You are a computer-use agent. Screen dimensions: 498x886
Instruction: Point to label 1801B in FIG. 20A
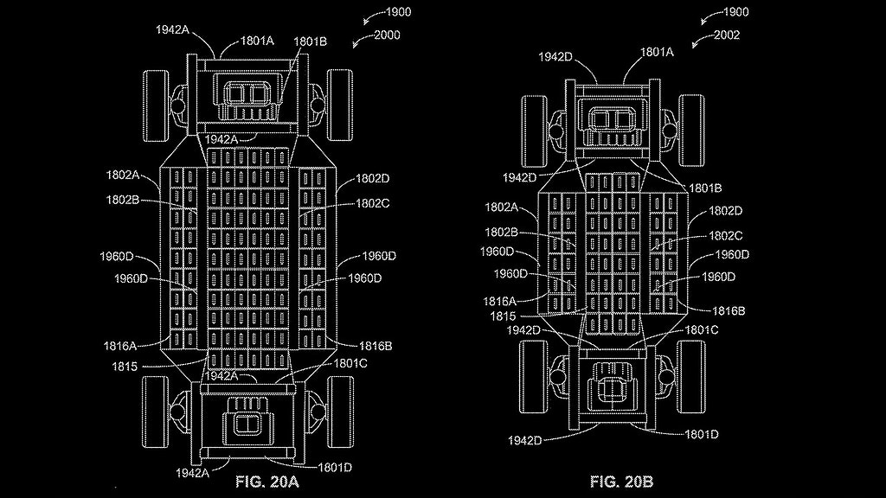tap(310, 41)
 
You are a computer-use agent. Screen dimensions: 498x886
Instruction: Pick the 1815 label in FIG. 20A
tap(125, 367)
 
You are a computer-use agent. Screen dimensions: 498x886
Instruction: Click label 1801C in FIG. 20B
tap(702, 329)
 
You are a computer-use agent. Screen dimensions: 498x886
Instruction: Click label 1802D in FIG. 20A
tap(373, 179)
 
